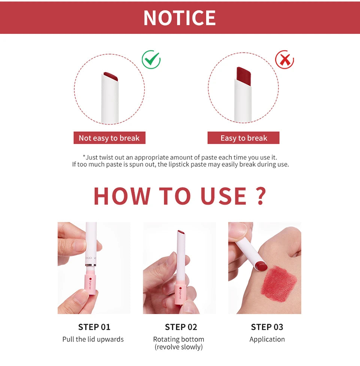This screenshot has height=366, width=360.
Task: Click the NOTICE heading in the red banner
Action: click(180, 17)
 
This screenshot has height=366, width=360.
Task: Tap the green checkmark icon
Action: click(151, 60)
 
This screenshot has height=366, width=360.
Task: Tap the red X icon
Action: click(285, 60)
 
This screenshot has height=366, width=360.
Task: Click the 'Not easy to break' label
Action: click(109, 138)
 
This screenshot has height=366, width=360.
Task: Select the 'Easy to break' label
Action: click(244, 138)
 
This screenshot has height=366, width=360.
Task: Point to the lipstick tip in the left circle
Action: click(111, 77)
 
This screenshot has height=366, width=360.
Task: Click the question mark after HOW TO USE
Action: click(261, 196)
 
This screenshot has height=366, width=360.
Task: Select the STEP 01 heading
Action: click(94, 327)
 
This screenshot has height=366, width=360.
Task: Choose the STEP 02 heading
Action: click(181, 327)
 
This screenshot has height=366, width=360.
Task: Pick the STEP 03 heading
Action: click(267, 327)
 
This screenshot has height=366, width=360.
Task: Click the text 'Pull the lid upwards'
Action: click(93, 339)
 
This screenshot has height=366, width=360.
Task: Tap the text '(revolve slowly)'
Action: click(178, 347)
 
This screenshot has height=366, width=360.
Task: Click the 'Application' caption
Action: click(267, 339)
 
